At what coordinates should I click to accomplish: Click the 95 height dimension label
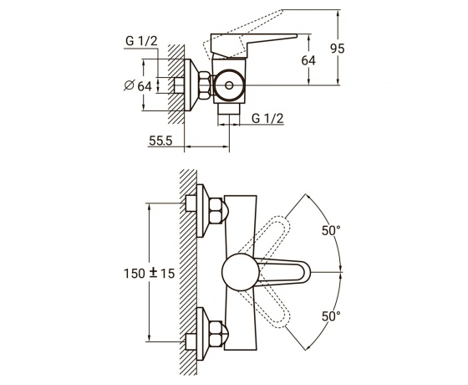point(338,49)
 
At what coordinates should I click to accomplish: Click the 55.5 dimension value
point(160,141)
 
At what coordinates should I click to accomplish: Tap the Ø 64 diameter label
point(138,86)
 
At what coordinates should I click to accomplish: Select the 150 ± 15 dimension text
point(150,273)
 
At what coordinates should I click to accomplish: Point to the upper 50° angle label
point(331,230)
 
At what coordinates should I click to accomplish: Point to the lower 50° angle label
point(331,316)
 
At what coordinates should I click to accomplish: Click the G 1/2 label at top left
point(141,41)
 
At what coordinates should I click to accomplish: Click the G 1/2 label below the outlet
point(267,118)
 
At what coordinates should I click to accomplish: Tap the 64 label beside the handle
point(308,60)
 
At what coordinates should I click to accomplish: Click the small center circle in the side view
point(229,85)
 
